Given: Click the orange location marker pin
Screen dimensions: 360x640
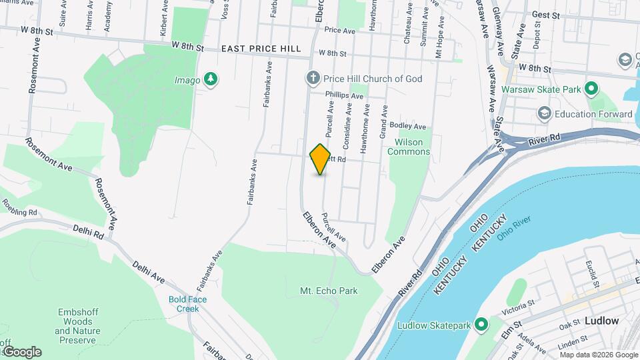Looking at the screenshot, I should [x=321, y=159].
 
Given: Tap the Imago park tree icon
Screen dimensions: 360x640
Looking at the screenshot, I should [x=211, y=79].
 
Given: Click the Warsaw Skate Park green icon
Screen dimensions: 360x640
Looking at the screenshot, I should [x=591, y=88].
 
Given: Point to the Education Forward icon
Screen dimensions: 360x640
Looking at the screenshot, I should [x=544, y=114].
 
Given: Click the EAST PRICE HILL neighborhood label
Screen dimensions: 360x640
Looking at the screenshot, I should [x=261, y=49].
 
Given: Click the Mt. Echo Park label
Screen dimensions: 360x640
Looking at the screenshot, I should [x=329, y=291].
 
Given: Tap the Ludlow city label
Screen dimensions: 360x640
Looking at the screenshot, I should [x=601, y=321].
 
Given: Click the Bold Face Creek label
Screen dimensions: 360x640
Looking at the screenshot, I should [x=187, y=304].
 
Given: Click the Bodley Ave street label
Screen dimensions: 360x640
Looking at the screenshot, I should [x=407, y=126].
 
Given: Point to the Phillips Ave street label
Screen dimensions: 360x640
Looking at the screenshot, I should [x=344, y=96].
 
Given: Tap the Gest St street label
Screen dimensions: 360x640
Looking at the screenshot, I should [x=545, y=14].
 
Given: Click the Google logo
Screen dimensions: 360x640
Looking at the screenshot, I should [x=21, y=351].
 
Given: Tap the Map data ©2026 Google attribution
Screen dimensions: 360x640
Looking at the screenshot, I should [x=599, y=353].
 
